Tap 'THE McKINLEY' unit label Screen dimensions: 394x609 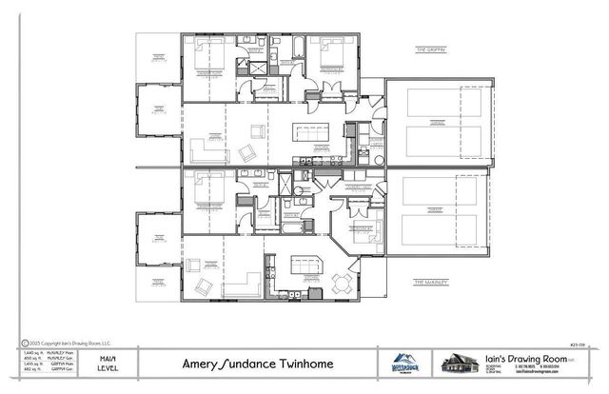[x=431, y=282]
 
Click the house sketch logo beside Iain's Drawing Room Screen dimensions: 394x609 [x=457, y=364]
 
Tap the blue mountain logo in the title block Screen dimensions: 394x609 [x=401, y=364]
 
